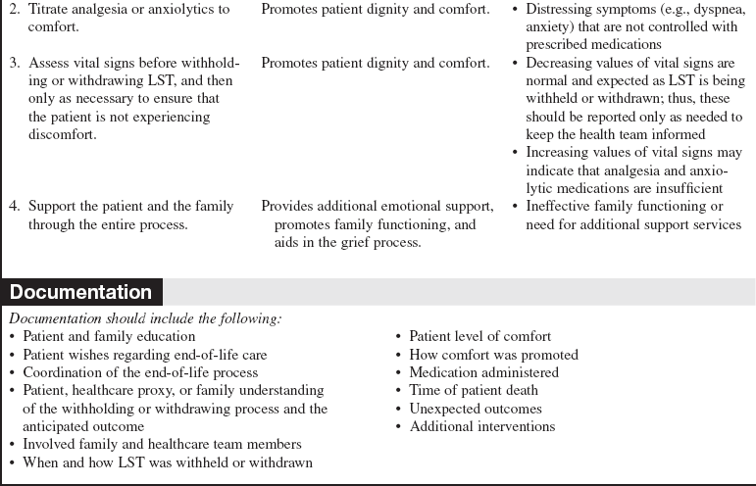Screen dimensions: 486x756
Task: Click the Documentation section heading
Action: tap(80, 292)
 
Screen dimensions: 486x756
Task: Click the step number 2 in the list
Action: tap(15, 10)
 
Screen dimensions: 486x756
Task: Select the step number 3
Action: tap(15, 64)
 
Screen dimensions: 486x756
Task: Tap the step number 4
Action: tap(15, 207)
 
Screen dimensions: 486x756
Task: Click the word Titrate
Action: tap(50, 10)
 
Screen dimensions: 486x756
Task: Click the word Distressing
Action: tap(562, 10)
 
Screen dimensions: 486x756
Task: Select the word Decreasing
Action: tap(561, 64)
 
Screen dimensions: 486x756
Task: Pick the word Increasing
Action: tap(560, 153)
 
